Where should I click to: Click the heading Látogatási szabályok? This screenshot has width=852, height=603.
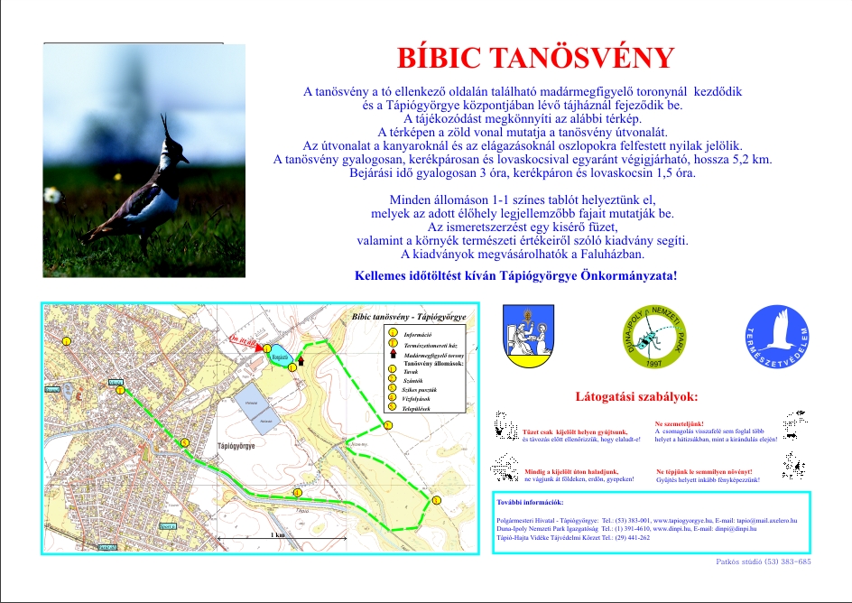636,396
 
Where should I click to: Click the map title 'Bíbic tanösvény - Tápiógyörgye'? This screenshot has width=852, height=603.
408,318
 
